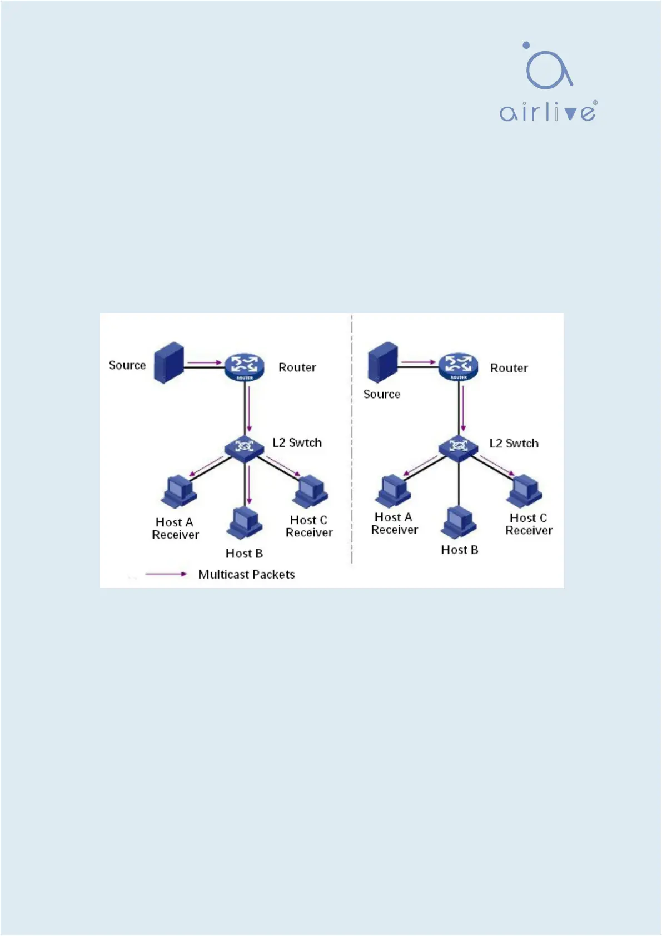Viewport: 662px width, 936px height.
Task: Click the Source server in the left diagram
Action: [x=170, y=362]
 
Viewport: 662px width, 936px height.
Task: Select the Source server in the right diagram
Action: [x=382, y=362]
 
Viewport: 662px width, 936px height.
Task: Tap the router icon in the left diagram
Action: [x=244, y=367]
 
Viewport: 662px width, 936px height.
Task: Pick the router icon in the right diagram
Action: [x=458, y=366]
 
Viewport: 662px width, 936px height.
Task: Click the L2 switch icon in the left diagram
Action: [x=244, y=446]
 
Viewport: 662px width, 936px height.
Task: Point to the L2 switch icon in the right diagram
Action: [x=458, y=446]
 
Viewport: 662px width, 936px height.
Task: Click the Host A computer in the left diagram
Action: [x=179, y=491]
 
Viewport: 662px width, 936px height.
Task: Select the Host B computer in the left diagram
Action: [x=245, y=522]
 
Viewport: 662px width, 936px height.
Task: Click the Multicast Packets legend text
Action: [x=246, y=575]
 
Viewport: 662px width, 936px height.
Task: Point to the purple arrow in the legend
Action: [x=166, y=574]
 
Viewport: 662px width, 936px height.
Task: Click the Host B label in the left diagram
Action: [x=244, y=554]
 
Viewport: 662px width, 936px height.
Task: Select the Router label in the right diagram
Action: [x=509, y=368]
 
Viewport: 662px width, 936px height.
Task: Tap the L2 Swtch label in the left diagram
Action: [x=297, y=443]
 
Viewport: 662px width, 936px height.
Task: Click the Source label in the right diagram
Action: [x=381, y=394]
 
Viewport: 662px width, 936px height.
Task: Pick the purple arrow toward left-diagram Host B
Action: [x=250, y=485]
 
